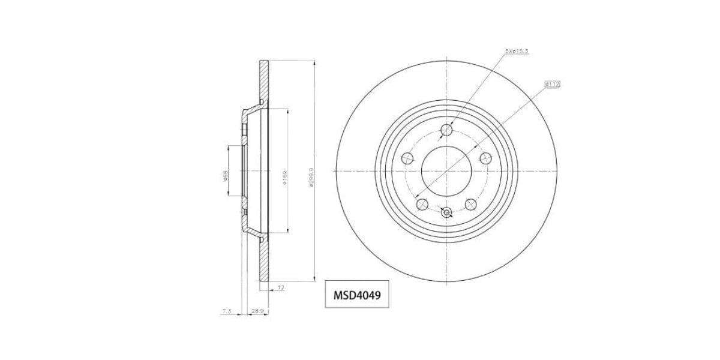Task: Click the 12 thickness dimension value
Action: pos(280,288)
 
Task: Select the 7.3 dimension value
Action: pos(227,311)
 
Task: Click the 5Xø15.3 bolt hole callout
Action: pos(516,52)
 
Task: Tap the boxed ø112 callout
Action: pos(552,85)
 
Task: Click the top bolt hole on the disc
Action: pos(446,130)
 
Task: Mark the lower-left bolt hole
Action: pos(422,204)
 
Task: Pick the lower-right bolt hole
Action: pos(470,204)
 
